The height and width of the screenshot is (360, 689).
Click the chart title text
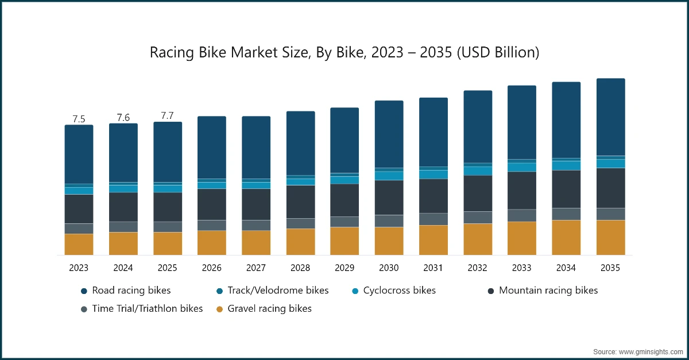(344, 52)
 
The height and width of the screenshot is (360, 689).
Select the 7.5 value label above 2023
(79, 119)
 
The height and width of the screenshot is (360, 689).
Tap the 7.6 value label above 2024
(123, 118)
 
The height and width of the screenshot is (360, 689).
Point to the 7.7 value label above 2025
(167, 116)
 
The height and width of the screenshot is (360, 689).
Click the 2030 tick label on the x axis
(389, 268)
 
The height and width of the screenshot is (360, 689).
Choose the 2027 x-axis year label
(256, 268)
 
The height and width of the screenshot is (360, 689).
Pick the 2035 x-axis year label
(610, 268)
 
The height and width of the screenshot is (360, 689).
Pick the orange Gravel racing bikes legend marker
(219, 309)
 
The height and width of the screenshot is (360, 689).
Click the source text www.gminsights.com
(637, 351)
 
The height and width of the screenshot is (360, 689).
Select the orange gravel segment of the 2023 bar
(79, 244)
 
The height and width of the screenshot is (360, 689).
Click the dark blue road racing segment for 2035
(610, 117)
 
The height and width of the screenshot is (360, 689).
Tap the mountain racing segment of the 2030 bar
(389, 198)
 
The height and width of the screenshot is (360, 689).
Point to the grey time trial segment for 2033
(521, 215)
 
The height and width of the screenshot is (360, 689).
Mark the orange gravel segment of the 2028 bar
(300, 242)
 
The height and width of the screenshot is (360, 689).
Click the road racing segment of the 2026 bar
(212, 147)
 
